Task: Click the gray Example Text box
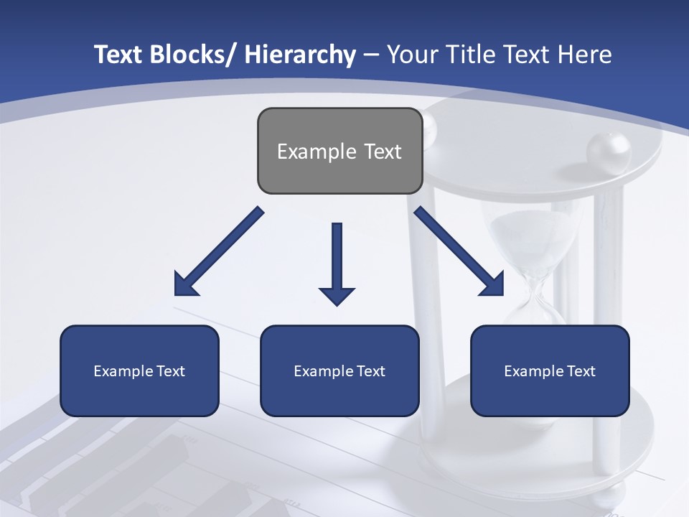(x=339, y=151)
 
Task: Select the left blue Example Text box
(x=139, y=371)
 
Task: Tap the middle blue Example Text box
(x=339, y=371)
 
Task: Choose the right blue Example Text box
(x=550, y=371)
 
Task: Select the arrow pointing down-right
(x=459, y=252)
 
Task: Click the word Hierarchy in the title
(x=300, y=55)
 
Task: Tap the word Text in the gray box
(x=383, y=152)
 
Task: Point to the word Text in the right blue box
(x=581, y=371)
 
